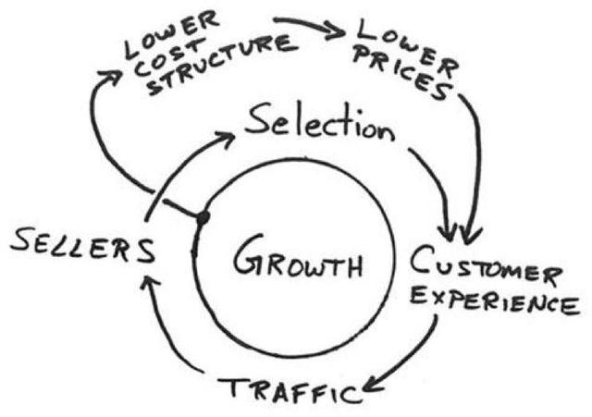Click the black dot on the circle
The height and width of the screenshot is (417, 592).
click(203, 217)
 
